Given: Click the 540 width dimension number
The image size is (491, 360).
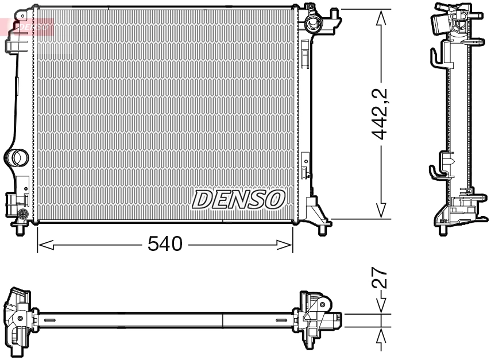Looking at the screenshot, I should click(x=165, y=245).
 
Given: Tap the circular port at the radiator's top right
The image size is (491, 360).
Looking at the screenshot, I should click(x=314, y=24).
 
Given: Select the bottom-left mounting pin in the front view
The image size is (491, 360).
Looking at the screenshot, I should click(x=21, y=228).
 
